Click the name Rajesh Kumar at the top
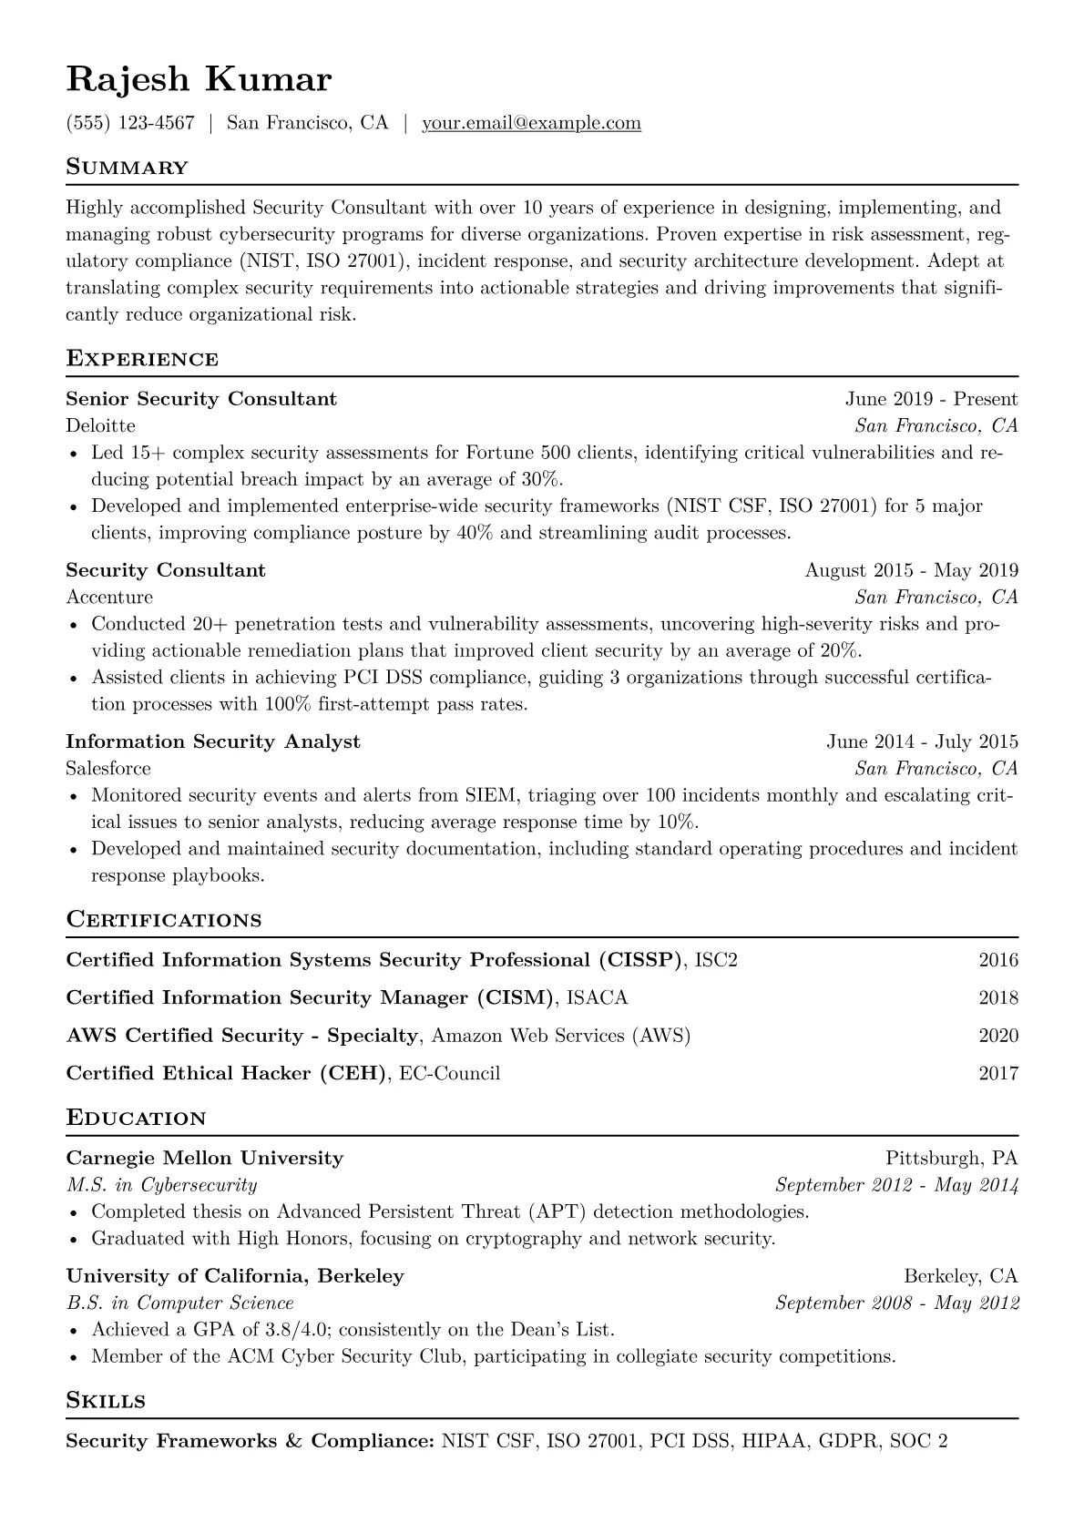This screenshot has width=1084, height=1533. point(199,80)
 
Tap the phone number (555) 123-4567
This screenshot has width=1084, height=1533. point(130,123)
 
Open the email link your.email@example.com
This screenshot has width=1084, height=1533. point(531,123)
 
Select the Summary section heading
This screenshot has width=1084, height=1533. point(128,168)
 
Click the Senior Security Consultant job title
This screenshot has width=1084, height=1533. point(201,399)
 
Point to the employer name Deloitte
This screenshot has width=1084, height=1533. point(100,425)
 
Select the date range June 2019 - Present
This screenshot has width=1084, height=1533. point(931,399)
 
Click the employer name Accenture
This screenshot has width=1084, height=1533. point(109,598)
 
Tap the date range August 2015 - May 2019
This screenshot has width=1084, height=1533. point(911,570)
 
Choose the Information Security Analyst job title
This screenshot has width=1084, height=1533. point(213,741)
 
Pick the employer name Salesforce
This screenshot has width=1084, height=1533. point(108,769)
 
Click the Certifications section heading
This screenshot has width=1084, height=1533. point(164,920)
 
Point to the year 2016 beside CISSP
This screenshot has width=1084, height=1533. point(998,960)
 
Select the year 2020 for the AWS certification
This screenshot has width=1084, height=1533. point(998,1036)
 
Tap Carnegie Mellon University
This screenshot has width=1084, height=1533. point(205,1159)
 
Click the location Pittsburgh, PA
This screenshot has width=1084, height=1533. point(951,1159)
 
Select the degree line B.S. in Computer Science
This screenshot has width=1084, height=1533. point(180,1303)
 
